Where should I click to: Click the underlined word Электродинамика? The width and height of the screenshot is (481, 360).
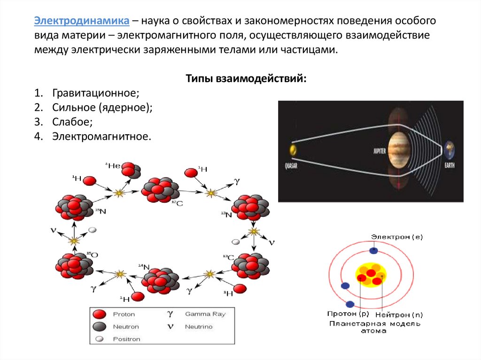[81, 22]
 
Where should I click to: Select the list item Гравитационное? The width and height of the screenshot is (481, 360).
[96, 93]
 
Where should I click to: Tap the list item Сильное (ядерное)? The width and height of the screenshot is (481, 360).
[102, 107]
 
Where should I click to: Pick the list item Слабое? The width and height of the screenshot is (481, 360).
[72, 122]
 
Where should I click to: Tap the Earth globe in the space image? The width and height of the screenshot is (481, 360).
[449, 150]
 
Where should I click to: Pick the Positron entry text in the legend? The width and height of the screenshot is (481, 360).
[126, 339]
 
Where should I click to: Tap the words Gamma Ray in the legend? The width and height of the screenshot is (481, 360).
[205, 314]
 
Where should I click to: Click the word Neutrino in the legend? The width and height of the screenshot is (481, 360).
[199, 327]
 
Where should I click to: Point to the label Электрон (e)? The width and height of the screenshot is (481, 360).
[397, 237]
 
